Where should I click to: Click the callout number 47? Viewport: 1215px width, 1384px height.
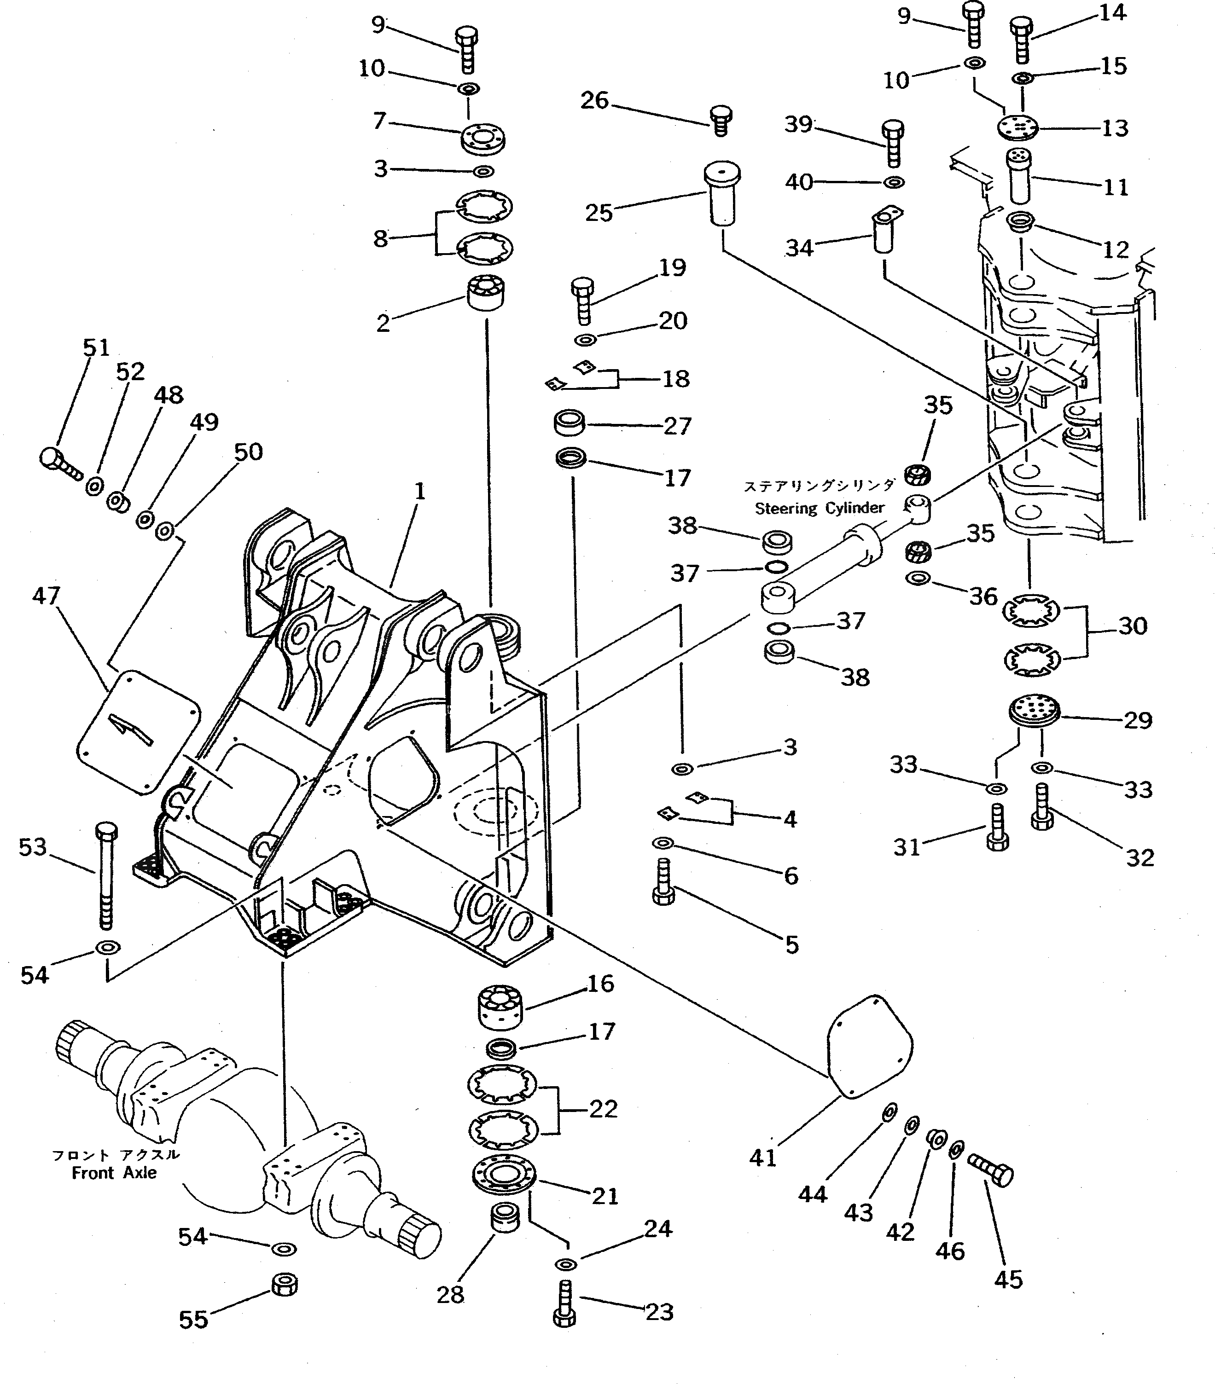pos(46,596)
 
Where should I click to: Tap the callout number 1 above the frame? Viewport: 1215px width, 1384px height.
pos(420,491)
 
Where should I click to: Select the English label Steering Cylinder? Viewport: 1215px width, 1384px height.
pos(820,508)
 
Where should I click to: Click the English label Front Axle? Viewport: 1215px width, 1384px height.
pos(114,1173)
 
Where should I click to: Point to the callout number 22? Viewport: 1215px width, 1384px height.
pos(603,1109)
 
